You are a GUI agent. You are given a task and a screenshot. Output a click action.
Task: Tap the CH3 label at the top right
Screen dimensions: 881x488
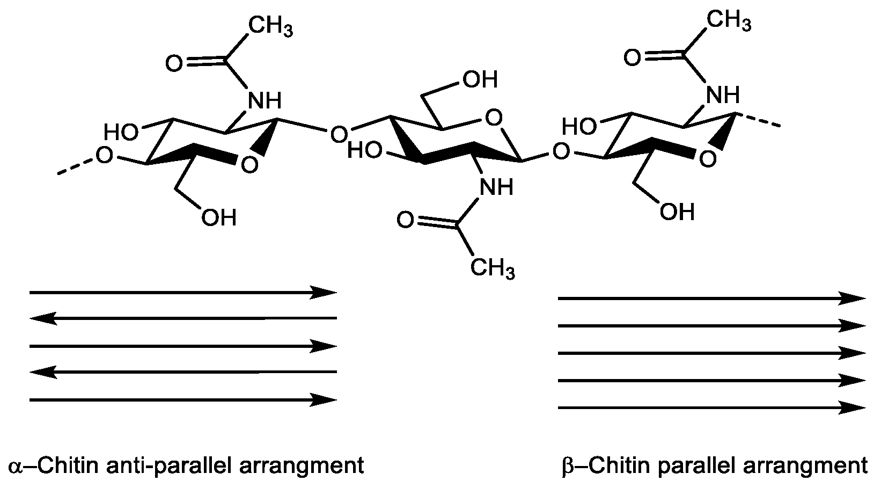(728, 21)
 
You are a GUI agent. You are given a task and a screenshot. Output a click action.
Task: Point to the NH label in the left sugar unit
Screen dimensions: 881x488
(263, 100)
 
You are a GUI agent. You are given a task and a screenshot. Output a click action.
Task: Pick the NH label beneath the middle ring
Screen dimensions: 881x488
(496, 187)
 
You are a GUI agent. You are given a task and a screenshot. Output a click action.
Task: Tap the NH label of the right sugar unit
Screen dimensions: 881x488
(723, 94)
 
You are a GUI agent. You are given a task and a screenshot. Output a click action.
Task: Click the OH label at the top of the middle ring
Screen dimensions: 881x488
(480, 79)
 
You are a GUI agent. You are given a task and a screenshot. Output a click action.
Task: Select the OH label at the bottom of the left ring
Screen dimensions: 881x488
(218, 217)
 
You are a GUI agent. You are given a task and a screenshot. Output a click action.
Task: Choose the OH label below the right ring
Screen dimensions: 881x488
(677, 212)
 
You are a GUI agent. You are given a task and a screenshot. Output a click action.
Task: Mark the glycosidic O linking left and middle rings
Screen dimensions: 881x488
(338, 134)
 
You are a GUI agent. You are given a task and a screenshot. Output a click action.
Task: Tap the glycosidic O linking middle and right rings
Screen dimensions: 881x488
(561, 152)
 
